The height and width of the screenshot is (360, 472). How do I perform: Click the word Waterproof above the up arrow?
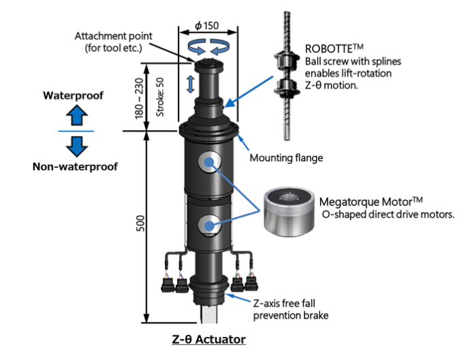click(x=74, y=95)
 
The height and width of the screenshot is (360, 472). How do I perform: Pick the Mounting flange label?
click(x=285, y=158)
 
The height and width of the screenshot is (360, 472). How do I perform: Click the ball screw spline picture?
click(x=284, y=75)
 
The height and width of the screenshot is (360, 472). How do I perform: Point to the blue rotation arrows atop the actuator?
click(x=207, y=48)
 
